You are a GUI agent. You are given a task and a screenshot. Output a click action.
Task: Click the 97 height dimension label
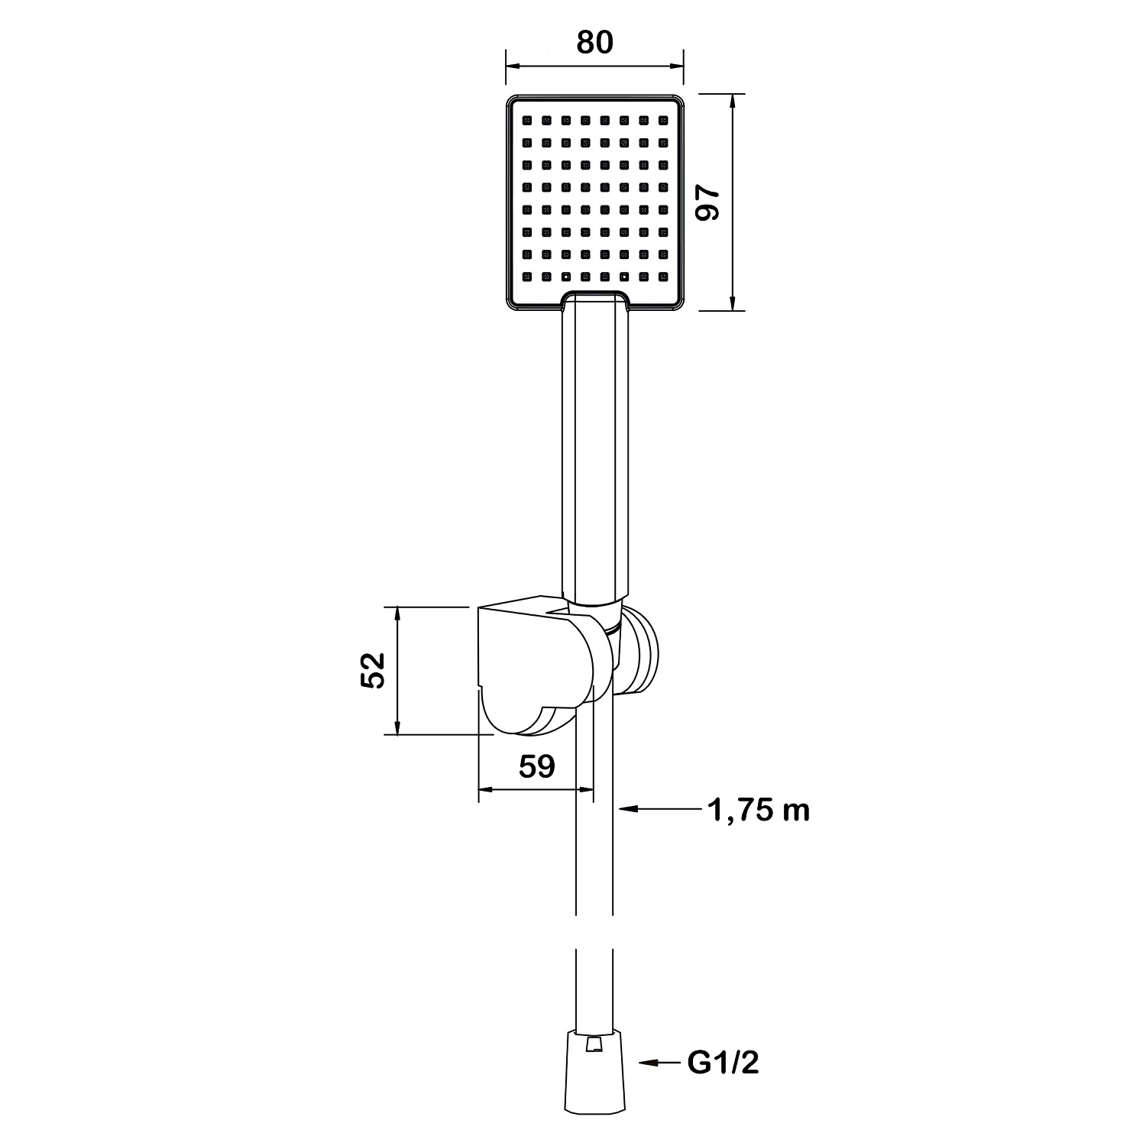[x=710, y=203]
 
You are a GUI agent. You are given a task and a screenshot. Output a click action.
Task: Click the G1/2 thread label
[x=724, y=1062]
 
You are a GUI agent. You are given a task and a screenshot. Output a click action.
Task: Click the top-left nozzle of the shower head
[x=527, y=121]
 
